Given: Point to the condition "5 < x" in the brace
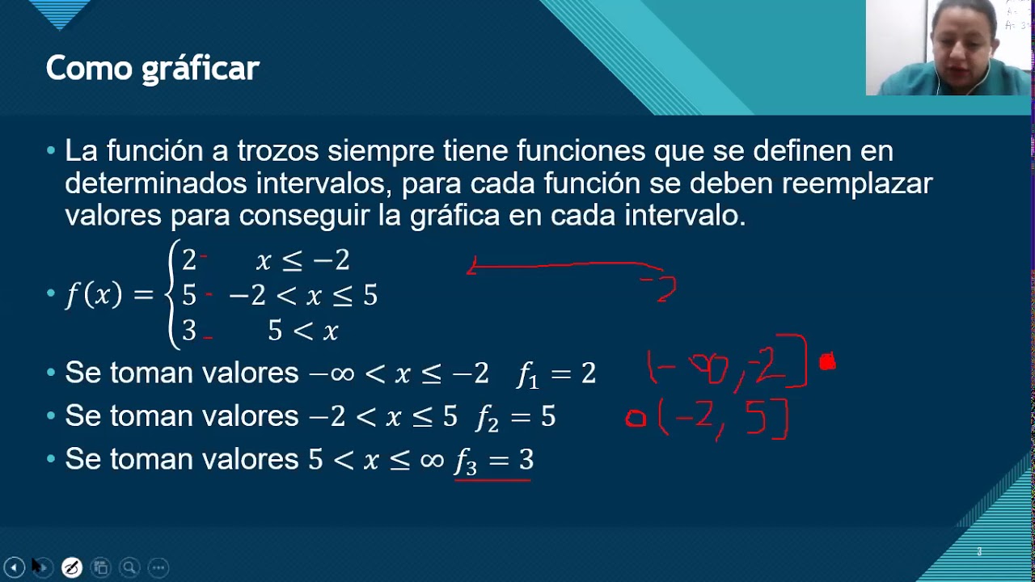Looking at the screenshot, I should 303,331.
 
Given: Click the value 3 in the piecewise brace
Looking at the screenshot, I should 189,331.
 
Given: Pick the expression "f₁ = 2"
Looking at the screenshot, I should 556,373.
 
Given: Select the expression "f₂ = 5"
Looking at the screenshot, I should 516,416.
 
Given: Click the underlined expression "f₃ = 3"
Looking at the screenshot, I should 494,460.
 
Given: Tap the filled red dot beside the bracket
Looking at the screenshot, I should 826,362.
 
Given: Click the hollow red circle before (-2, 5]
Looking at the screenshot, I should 636,418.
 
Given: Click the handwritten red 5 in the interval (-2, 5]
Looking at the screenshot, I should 756,420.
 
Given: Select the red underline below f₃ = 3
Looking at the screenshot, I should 492,480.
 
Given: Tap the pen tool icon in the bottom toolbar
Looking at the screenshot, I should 71,567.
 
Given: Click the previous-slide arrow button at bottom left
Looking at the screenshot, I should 14,567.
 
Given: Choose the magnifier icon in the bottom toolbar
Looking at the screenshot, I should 129,567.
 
